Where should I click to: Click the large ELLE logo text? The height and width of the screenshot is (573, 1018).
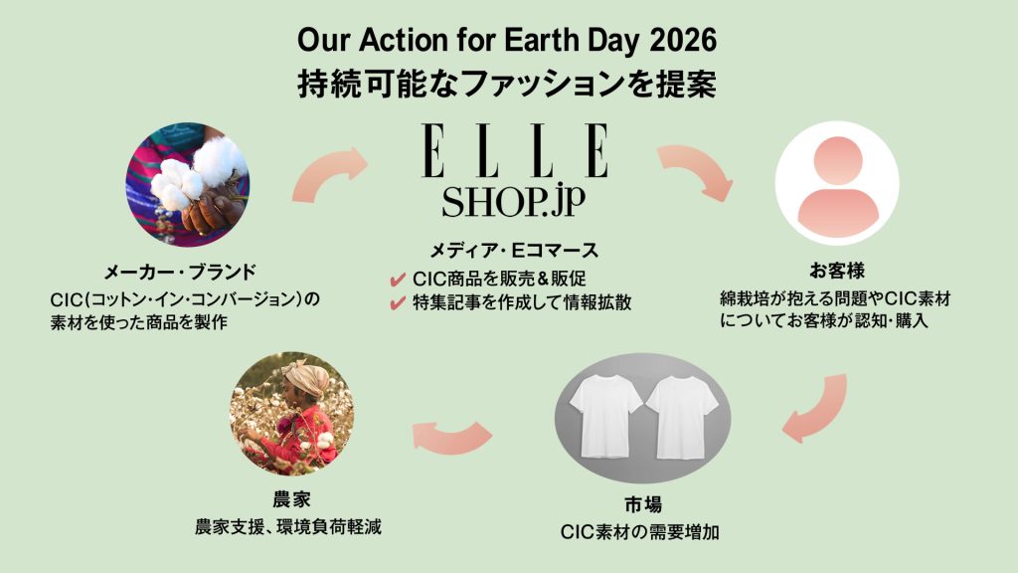click(515, 150)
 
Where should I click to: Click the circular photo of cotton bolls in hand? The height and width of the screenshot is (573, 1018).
click(187, 184)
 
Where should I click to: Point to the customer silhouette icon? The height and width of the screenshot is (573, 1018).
click(837, 184)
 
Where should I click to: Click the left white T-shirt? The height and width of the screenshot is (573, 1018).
click(604, 416)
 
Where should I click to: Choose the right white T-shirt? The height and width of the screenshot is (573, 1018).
click(682, 417)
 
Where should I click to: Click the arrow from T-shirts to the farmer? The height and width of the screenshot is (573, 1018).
click(452, 436)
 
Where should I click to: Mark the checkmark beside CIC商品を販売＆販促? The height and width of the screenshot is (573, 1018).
click(398, 280)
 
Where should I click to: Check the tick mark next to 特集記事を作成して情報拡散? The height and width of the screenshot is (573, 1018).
click(398, 303)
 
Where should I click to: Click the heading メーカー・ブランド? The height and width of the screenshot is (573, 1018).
click(180, 273)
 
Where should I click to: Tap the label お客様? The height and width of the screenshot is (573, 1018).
click(837, 271)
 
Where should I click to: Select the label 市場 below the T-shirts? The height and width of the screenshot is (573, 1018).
click(643, 504)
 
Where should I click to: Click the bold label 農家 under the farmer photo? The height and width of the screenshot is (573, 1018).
click(291, 499)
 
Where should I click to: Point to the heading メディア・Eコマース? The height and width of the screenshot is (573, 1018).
click(514, 250)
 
